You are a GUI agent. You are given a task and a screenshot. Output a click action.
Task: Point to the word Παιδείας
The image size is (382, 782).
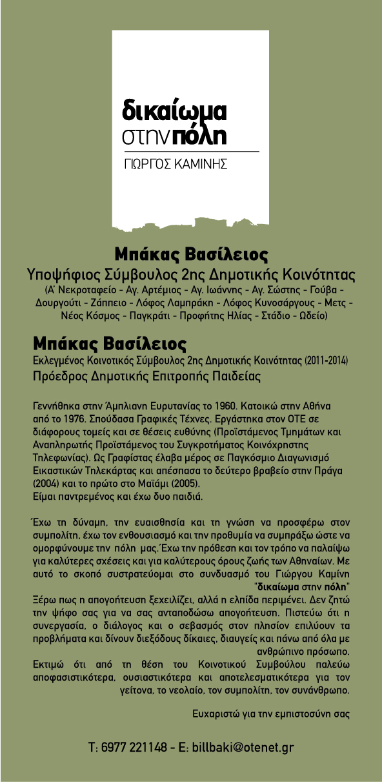point(231,375)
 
